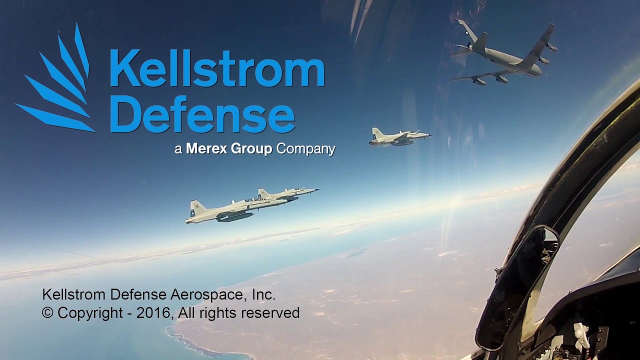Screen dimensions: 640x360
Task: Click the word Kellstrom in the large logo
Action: tap(217, 68)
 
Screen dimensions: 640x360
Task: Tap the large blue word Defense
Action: tap(202, 114)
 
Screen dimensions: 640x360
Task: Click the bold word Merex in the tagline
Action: tap(207, 148)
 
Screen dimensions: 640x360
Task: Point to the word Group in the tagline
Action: tap(251, 149)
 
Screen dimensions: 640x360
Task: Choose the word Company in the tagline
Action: tap(305, 149)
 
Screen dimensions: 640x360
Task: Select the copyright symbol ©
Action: tap(47, 312)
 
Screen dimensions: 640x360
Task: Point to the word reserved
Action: tap(270, 313)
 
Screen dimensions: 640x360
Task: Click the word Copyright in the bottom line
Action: tap(90, 313)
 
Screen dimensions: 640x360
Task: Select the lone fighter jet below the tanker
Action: tap(399, 137)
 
